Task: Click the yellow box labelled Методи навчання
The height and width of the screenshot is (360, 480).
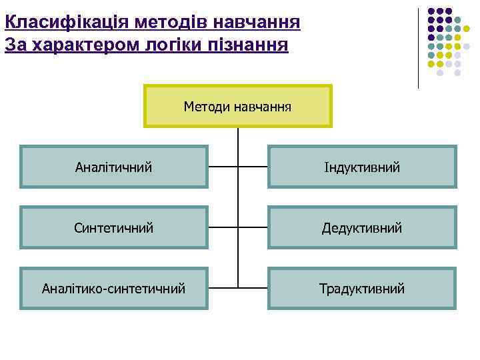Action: pyautogui.click(x=237, y=106)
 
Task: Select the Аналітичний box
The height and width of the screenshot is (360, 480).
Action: pyautogui.click(x=113, y=167)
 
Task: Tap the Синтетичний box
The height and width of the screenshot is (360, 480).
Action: pyautogui.click(x=113, y=228)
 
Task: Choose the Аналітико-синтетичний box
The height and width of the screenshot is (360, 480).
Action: pyautogui.click(x=113, y=289)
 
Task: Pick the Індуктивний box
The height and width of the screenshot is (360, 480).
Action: pyautogui.click(x=362, y=167)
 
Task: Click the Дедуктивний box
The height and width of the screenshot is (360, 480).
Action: pyautogui.click(x=362, y=228)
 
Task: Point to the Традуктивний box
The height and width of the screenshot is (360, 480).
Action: pyautogui.click(x=362, y=289)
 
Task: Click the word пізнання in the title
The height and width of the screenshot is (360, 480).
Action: pyautogui.click(x=254, y=46)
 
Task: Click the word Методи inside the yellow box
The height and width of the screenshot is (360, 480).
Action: pyautogui.click(x=207, y=106)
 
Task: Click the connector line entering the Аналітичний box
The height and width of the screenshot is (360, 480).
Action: pyautogui.click(x=223, y=167)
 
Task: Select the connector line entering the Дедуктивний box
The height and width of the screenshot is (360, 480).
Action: pyautogui.click(x=253, y=228)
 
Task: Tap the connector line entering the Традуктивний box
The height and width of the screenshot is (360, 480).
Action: pyautogui.click(x=253, y=289)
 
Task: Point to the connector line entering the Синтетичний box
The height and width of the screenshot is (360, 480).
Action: pyautogui.click(x=223, y=228)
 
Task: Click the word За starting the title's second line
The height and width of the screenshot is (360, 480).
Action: pyautogui.click(x=13, y=46)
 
